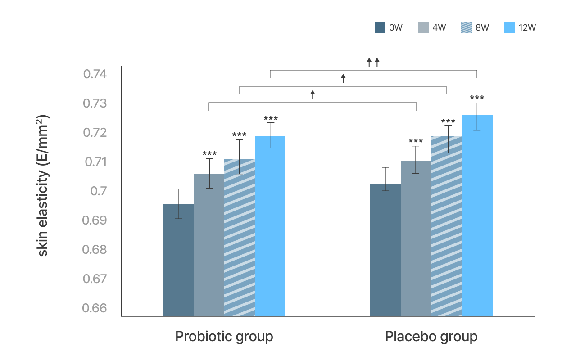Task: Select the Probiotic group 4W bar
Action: pos(209,245)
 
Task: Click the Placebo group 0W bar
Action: pos(385,250)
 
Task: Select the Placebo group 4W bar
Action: pos(416,238)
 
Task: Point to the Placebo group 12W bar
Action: pos(477,216)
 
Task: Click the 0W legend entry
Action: pos(388,27)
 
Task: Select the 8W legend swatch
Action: pos(467,27)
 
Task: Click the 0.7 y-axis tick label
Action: pos(99,191)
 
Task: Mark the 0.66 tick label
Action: pos(95,308)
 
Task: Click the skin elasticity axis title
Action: pos(43,185)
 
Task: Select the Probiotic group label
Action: pos(224,337)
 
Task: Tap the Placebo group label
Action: pos(431,337)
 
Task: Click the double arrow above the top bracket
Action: pos(373,62)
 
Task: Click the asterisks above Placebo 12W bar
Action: pos(477,98)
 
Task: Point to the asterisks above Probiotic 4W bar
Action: pos(209,154)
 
